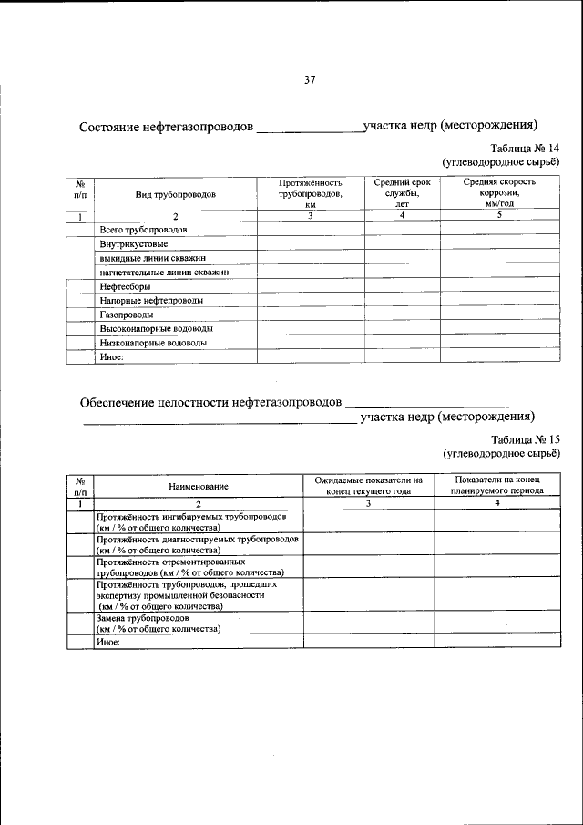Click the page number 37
pyautogui.click(x=309, y=81)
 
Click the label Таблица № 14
pyautogui.click(x=525, y=149)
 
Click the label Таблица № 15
pyautogui.click(x=525, y=438)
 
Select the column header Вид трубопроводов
pyautogui.click(x=176, y=194)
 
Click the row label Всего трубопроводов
pyautogui.click(x=143, y=232)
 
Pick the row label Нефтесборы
pyautogui.click(x=126, y=286)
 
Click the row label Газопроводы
pyautogui.click(x=127, y=315)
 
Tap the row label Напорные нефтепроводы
pyautogui.click(x=151, y=300)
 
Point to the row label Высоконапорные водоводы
pyautogui.click(x=157, y=328)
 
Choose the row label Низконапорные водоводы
pyautogui.click(x=153, y=343)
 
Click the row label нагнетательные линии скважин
pyautogui.click(x=163, y=272)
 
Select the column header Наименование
pyautogui.click(x=198, y=486)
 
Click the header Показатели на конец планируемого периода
pyautogui.click(x=497, y=484)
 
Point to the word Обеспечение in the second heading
pyautogui.click(x=121, y=401)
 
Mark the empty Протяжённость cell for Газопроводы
pyautogui.click(x=310, y=315)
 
